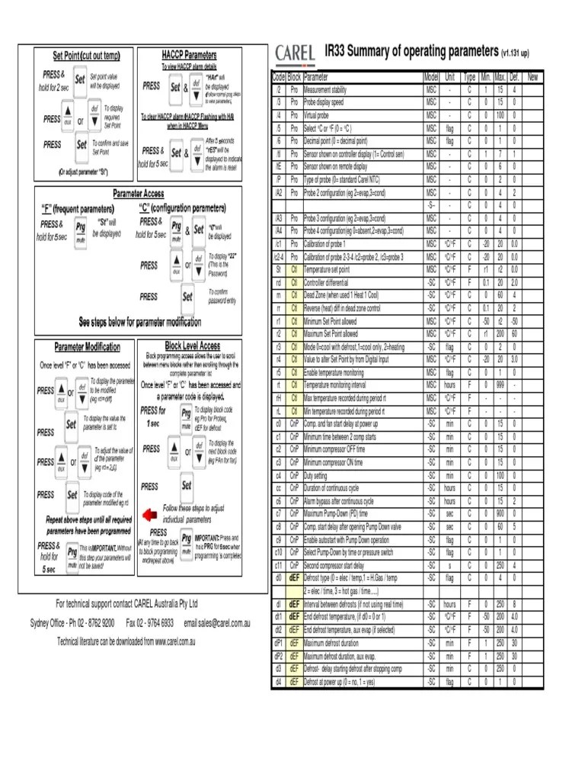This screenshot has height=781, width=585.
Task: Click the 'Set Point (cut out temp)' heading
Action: point(86,56)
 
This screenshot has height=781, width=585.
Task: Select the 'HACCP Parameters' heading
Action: point(189,55)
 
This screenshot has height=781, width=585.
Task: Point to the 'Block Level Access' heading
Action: point(193,346)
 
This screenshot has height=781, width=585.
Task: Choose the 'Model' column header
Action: point(432,77)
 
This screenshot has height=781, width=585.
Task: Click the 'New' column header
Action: point(532,77)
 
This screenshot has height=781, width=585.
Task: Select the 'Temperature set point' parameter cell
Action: point(327,269)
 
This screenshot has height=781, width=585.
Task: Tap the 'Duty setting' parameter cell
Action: point(321,475)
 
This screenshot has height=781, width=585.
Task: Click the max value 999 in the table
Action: point(500,385)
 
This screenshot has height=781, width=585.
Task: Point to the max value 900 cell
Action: point(500,514)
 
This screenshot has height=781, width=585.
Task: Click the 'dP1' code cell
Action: point(279,643)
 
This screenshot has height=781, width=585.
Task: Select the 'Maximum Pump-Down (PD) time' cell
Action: point(338,514)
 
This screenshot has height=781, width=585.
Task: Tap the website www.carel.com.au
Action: point(175,641)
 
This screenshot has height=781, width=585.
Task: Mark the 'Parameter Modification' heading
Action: point(87,346)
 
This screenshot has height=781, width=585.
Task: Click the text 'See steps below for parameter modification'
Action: point(140,321)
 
